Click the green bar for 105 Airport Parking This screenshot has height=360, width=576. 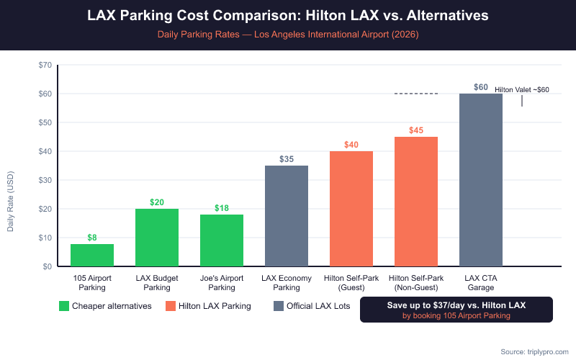click(x=92, y=255)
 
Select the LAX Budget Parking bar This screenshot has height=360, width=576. click(x=157, y=238)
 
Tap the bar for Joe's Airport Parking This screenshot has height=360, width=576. click(x=222, y=240)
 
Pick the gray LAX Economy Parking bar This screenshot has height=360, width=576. click(x=287, y=216)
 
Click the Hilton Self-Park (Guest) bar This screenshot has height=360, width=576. click(x=351, y=209)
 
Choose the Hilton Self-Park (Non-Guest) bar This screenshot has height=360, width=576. click(x=416, y=202)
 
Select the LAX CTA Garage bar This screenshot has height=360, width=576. click(x=481, y=180)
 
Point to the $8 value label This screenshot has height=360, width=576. click(x=92, y=237)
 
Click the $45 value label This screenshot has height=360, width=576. click(x=416, y=130)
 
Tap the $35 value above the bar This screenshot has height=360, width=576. click(x=287, y=159)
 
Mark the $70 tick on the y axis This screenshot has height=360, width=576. click(x=45, y=65)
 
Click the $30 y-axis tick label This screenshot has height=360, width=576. click(x=45, y=180)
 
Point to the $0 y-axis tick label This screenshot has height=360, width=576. click(x=47, y=266)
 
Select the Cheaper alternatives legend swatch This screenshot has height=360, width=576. click(x=64, y=306)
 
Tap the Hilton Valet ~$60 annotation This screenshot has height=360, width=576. click(x=521, y=90)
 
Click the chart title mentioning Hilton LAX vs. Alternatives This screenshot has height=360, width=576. click(x=288, y=15)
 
